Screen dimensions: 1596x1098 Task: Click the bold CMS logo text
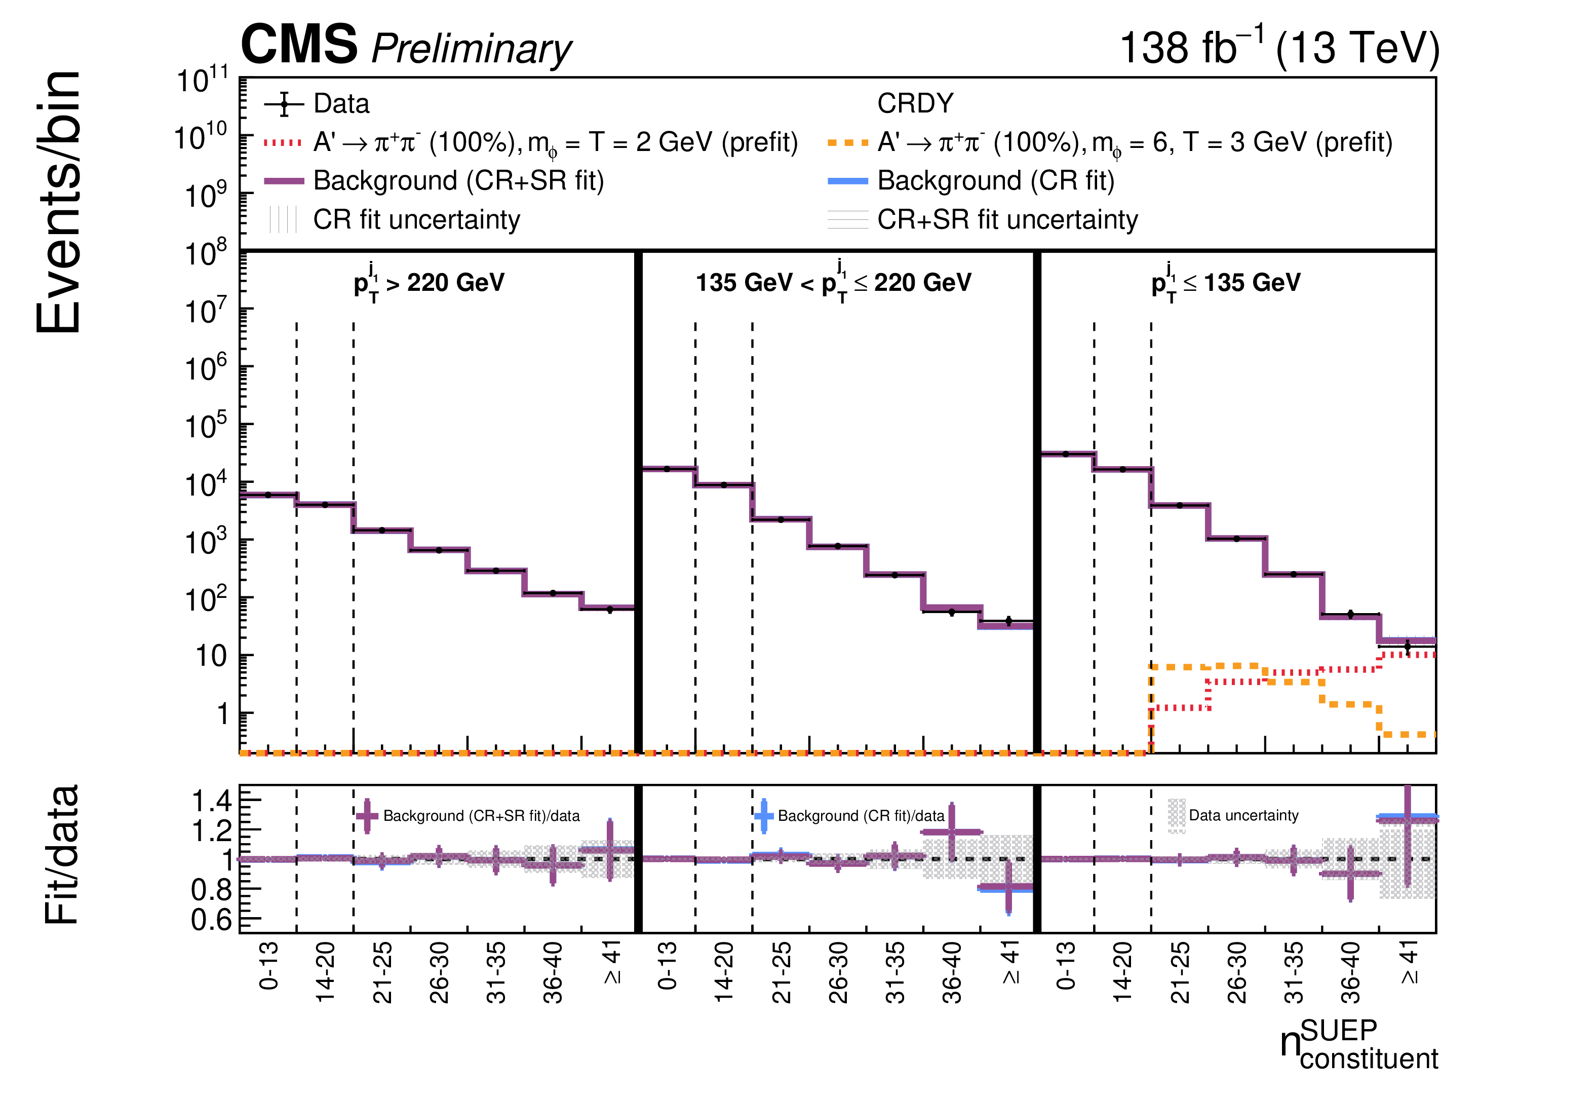point(299,44)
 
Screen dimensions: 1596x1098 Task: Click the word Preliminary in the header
point(472,50)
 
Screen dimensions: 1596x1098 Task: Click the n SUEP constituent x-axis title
point(1359,1044)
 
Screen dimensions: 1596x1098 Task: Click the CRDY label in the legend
point(915,103)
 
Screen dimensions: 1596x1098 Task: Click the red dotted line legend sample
point(283,143)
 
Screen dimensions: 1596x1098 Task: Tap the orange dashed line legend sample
point(848,143)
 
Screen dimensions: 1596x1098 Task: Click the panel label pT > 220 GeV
point(429,282)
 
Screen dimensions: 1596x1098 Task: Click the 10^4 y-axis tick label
point(206,484)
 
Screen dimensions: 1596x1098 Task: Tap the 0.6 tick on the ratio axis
point(211,919)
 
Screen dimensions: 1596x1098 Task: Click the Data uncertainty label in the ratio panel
point(1243,815)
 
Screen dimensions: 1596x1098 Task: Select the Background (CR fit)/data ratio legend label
point(861,816)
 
